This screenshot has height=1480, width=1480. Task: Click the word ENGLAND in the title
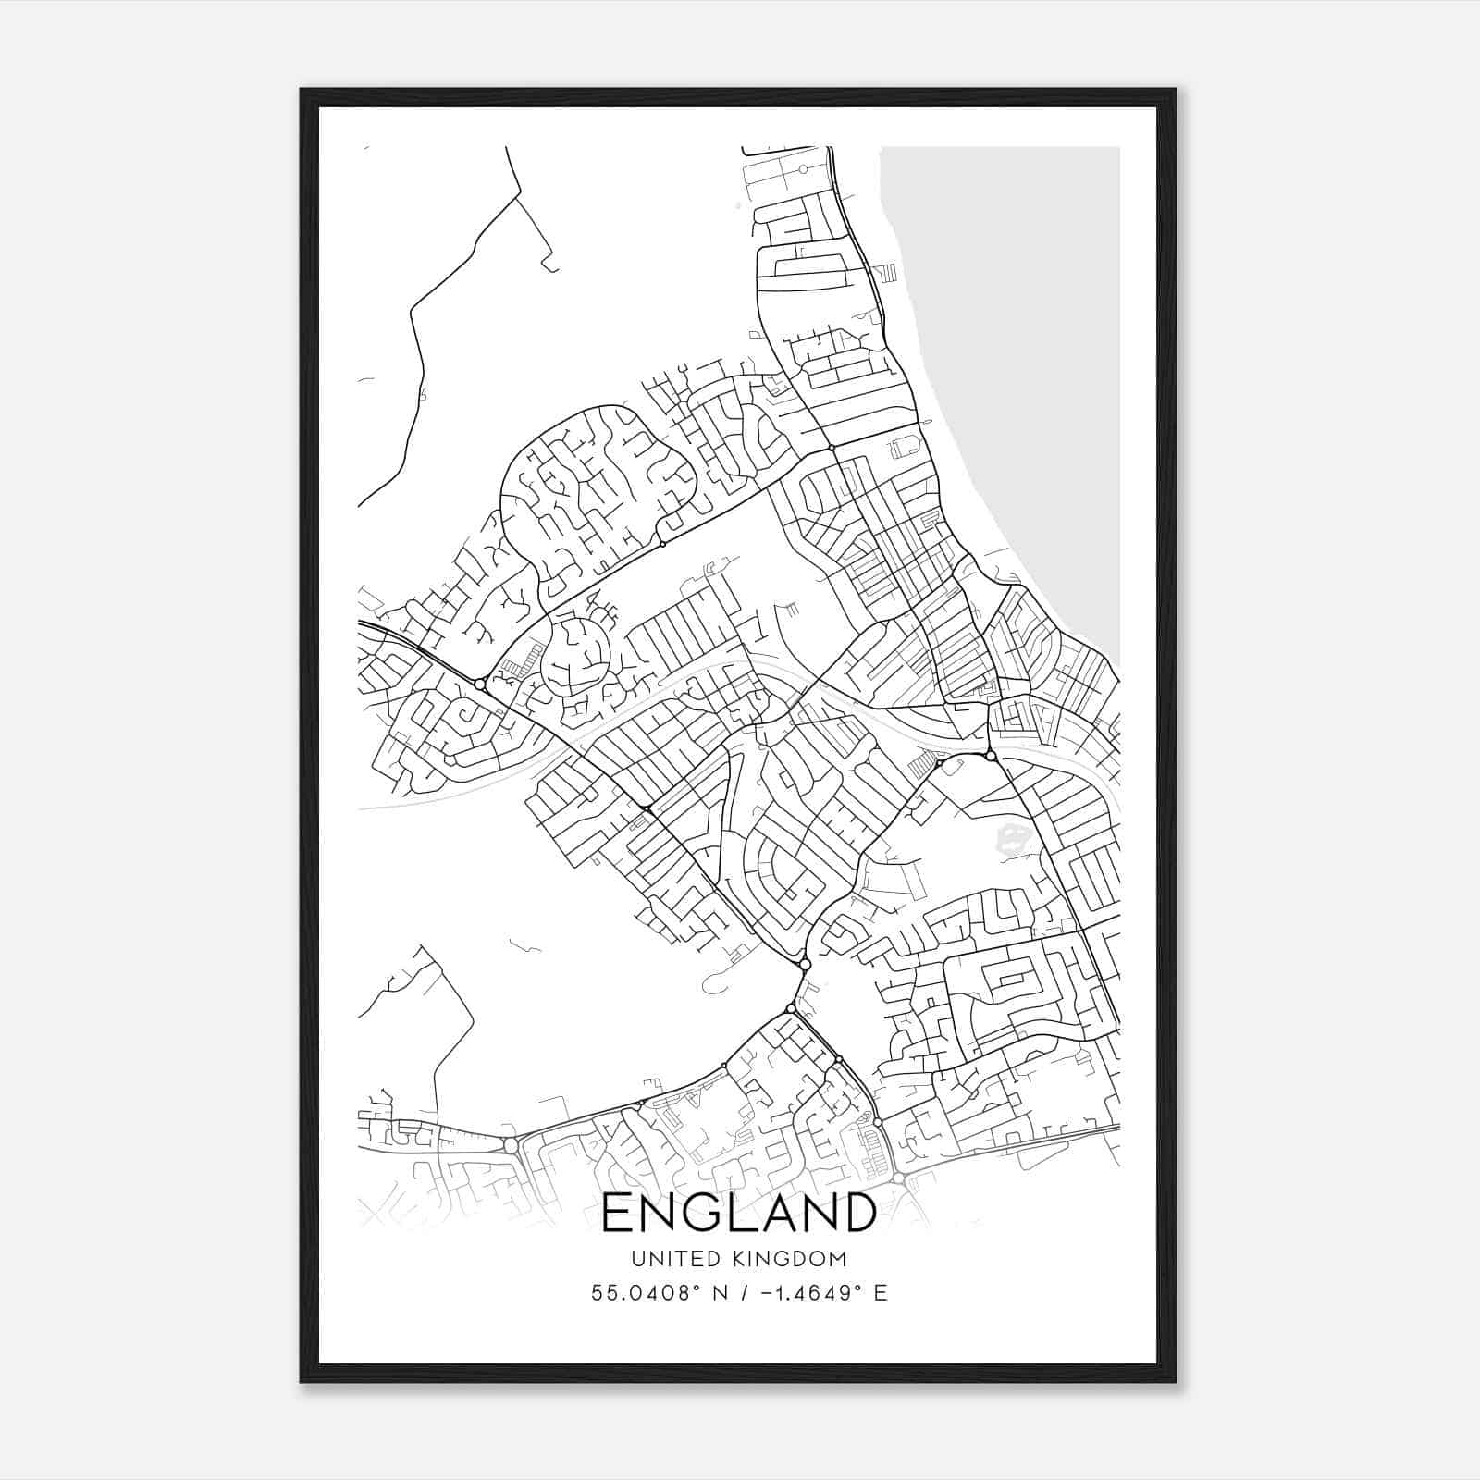point(739,1213)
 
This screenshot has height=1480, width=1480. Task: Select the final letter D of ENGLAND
point(858,1213)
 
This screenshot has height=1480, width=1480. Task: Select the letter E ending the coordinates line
point(881,1293)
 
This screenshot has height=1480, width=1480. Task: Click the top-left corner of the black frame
point(302,90)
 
